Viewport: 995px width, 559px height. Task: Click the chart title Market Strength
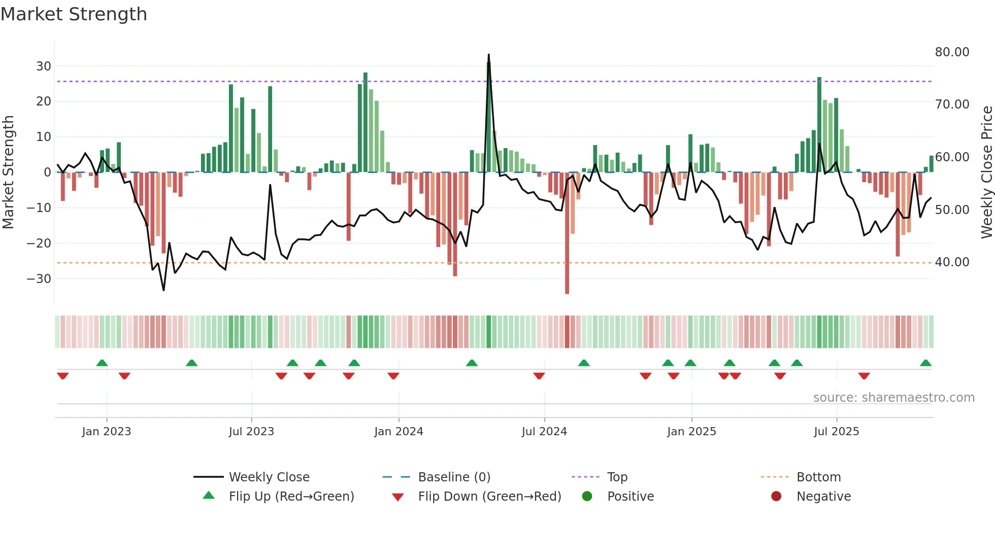point(74,14)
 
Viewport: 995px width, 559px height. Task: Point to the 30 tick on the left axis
point(43,66)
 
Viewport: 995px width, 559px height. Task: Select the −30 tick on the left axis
point(39,279)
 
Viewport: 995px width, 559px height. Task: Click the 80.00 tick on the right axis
point(952,52)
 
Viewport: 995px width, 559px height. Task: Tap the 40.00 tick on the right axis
point(952,262)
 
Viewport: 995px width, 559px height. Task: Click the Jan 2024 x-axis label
point(399,432)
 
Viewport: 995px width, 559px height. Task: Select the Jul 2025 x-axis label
point(836,432)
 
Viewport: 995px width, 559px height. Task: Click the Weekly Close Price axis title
point(986,172)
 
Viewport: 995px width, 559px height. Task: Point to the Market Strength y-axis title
point(8,172)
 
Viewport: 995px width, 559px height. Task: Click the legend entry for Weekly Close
point(269,477)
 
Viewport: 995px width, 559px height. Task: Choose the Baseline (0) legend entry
point(454,477)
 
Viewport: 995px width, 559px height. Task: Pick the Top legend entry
point(617,477)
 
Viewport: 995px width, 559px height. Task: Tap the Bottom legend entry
point(818,477)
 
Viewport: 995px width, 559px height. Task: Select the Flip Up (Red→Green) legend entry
point(291,497)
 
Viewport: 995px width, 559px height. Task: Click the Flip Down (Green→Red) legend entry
point(489,497)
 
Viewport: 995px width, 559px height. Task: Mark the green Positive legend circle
point(587,497)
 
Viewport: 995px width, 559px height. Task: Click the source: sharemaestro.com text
point(893,398)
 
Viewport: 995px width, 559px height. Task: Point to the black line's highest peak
point(489,55)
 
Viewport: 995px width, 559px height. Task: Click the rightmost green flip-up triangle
point(925,363)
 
